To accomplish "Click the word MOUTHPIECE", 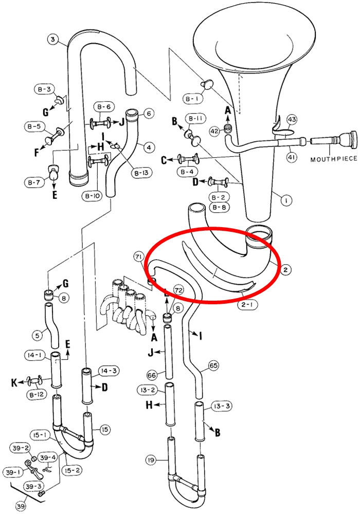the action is (x=334, y=159).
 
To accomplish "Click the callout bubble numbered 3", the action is (x=52, y=40).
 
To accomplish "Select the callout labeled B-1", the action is (x=193, y=98).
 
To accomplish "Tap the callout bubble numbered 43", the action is (x=292, y=119).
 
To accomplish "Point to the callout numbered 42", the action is (x=214, y=131).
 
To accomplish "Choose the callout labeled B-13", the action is (x=140, y=173).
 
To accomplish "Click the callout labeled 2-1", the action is (x=247, y=304).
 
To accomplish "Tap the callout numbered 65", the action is (x=213, y=366).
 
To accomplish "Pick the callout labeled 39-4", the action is (x=48, y=457).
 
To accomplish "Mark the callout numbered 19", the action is (x=151, y=460).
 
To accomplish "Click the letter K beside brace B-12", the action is (x=14, y=382).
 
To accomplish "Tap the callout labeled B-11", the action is (x=196, y=119).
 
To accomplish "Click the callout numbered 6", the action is (x=149, y=114).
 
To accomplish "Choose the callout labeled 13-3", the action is (x=222, y=406).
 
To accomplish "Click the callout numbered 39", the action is (x=21, y=506).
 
